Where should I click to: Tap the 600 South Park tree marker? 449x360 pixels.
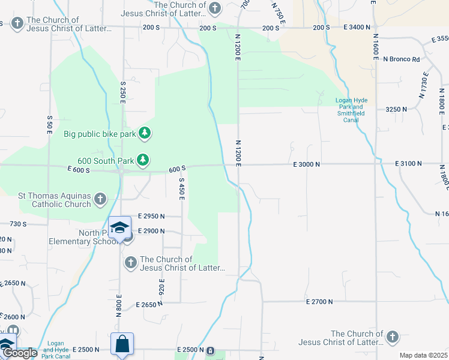tap(142, 160)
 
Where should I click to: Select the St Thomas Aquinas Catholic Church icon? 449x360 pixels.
tap(100, 199)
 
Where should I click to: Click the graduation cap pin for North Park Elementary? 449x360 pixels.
tap(119, 227)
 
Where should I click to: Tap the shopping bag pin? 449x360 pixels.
tap(122, 344)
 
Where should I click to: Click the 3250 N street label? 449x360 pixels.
tap(396, 109)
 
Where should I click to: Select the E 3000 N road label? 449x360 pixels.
tap(306, 164)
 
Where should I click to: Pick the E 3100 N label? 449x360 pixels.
tap(408, 164)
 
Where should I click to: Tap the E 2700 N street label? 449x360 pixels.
tap(319, 302)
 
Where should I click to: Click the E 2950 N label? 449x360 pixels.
tap(151, 215)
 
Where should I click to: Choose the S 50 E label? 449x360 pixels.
tap(49, 124)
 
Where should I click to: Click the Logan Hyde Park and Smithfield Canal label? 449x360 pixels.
tap(351, 110)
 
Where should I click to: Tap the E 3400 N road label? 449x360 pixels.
tap(358, 28)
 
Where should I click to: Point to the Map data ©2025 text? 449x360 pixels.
tap(423, 355)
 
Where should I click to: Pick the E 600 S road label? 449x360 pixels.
tap(79, 170)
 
